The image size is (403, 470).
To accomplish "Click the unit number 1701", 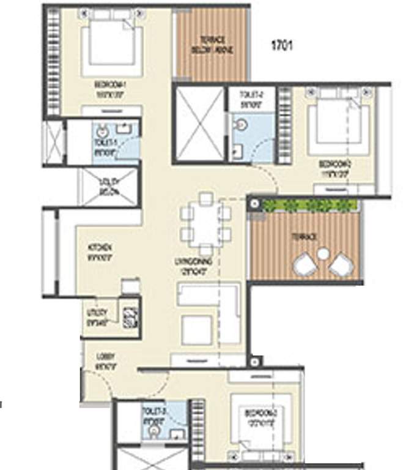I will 282,45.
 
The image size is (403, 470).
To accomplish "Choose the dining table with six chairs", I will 206,224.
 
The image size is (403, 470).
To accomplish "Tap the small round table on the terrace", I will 324,253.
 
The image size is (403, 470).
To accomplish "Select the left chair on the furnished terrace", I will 305,265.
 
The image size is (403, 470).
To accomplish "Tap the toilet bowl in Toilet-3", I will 153,432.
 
